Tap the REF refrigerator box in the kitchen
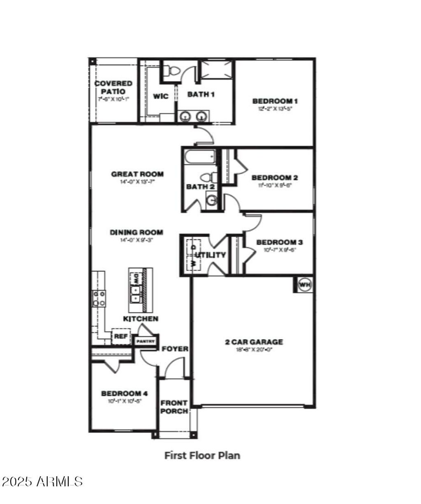(x=121, y=336)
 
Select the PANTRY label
(x=146, y=341)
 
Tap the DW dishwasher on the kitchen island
(x=135, y=278)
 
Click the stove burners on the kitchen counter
(x=99, y=299)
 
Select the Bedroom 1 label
(x=275, y=101)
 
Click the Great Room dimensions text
(x=137, y=181)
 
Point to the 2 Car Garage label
(x=254, y=342)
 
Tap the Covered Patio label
(x=113, y=87)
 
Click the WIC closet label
(x=161, y=96)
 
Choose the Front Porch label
(x=174, y=407)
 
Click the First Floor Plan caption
(x=202, y=455)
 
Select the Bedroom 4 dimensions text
(x=122, y=400)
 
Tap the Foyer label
(x=175, y=349)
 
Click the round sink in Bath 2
(x=212, y=201)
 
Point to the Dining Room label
(x=136, y=232)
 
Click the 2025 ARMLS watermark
(x=43, y=481)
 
